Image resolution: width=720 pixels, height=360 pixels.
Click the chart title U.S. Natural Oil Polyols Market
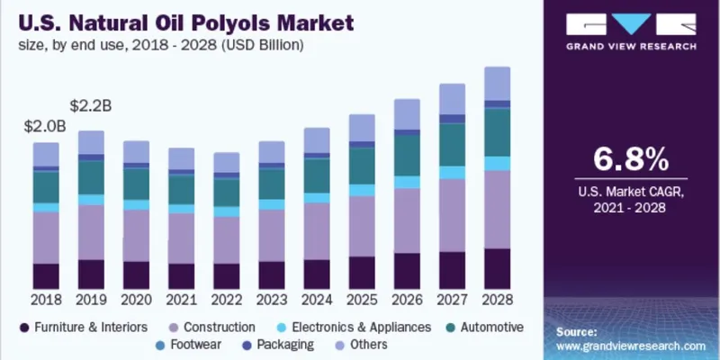click(180, 19)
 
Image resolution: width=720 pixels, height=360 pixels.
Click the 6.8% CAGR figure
click(631, 159)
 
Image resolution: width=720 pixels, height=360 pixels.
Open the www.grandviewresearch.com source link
click(629, 345)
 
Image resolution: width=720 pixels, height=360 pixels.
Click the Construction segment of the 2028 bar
click(497, 209)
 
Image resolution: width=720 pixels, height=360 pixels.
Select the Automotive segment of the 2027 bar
click(452, 144)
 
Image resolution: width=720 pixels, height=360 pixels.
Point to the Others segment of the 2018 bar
click(46, 154)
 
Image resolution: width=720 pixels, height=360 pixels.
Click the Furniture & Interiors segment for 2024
click(316, 274)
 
